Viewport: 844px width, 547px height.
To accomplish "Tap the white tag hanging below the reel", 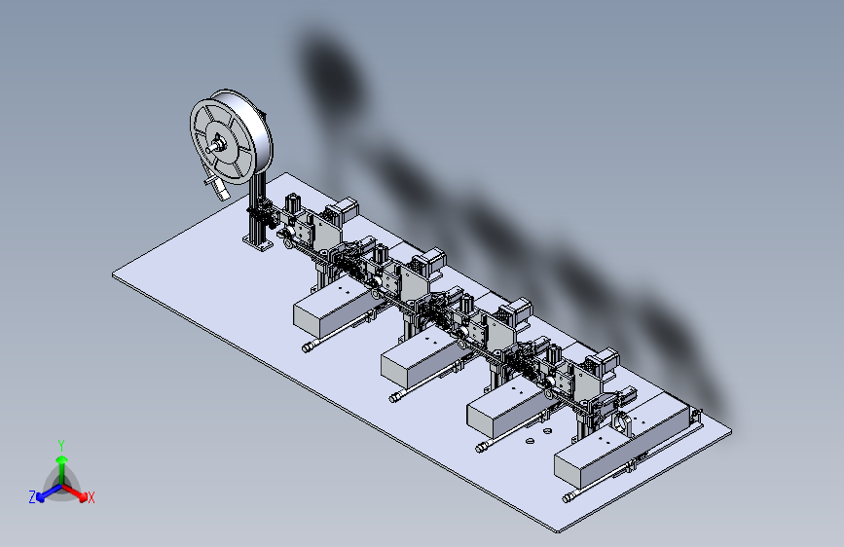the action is tap(220, 189).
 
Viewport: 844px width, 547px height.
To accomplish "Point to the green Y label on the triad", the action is tap(61, 445).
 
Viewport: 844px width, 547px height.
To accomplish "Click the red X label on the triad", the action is tap(91, 498).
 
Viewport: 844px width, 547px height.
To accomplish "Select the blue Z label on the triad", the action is tap(32, 497).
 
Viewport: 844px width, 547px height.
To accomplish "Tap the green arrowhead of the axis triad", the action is tap(62, 460).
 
